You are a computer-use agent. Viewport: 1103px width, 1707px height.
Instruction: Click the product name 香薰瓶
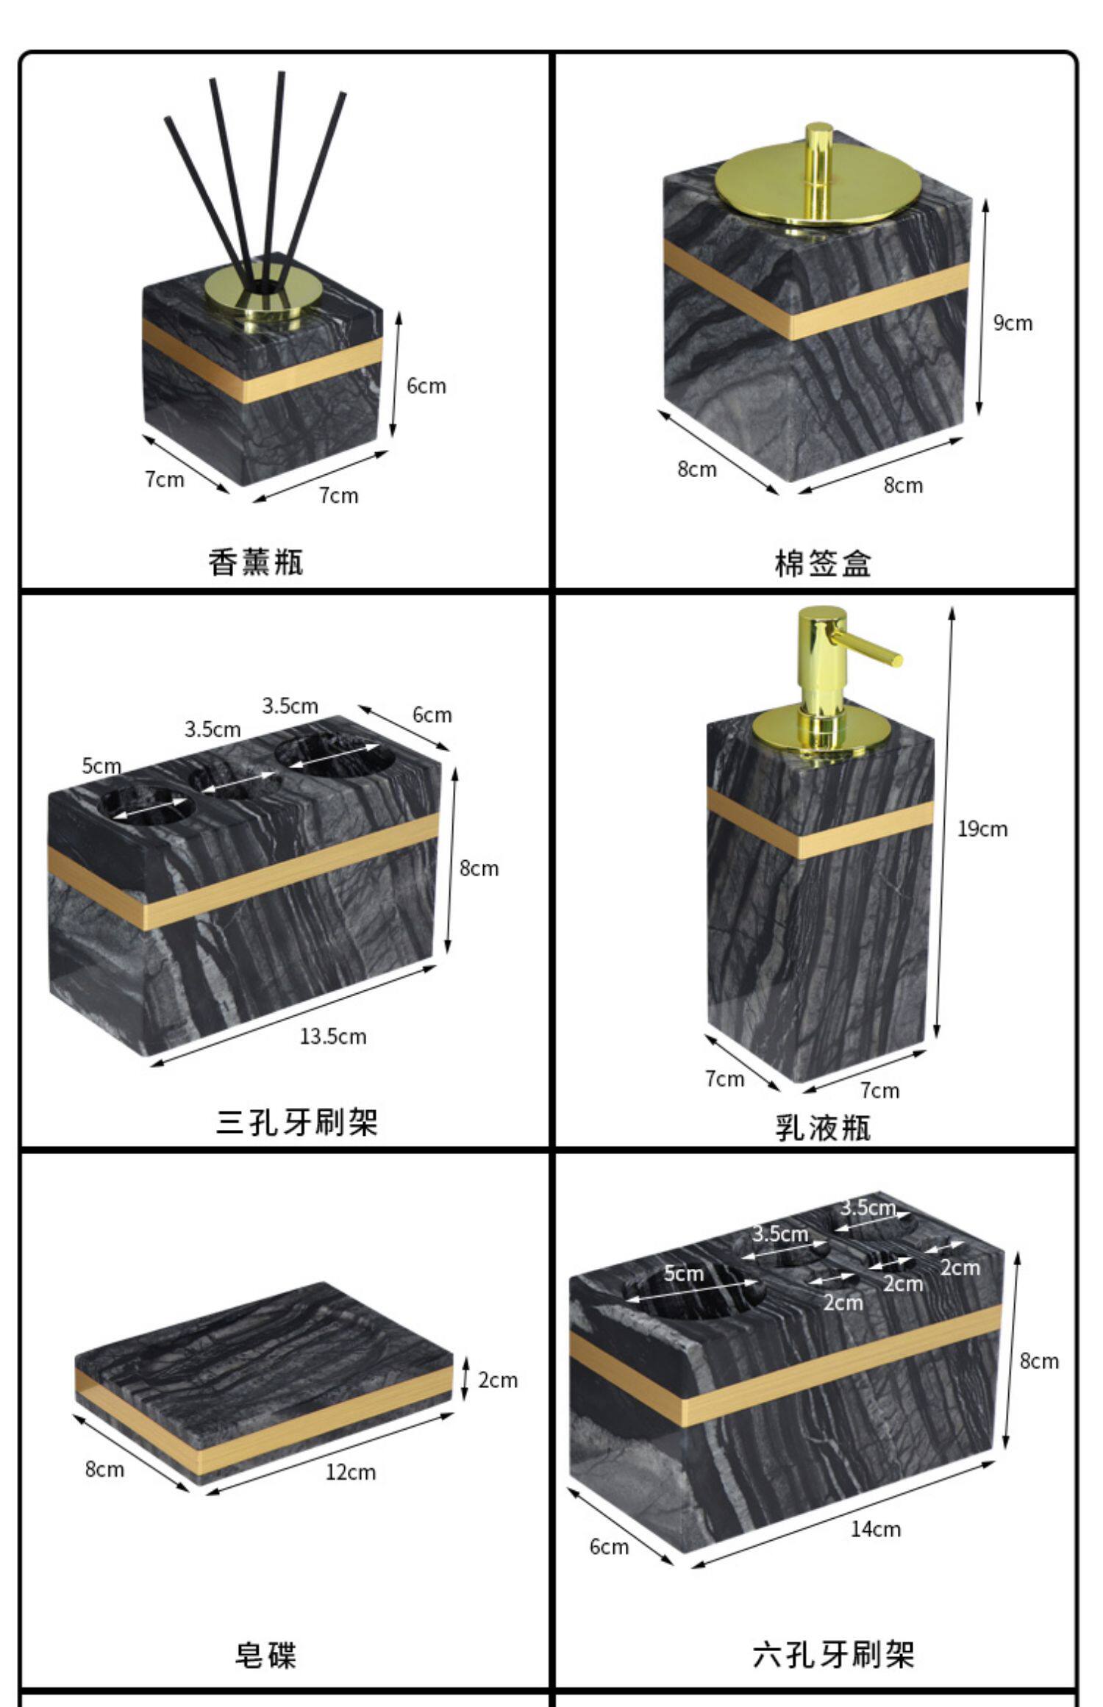pos(255,562)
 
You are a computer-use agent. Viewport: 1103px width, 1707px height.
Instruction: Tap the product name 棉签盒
pos(822,564)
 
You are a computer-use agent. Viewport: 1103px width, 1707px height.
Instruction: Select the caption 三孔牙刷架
pos(296,1123)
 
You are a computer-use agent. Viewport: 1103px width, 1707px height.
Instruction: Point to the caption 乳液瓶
pos(822,1127)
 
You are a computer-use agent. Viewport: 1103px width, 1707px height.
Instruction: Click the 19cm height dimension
pos(982,829)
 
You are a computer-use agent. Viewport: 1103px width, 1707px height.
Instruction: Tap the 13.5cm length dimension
pos(332,1037)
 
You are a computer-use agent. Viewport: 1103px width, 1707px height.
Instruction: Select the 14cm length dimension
pos(875,1529)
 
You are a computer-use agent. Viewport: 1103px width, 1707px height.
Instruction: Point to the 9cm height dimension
pos(1013,323)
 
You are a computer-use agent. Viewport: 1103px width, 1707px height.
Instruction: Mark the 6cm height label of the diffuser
pos(426,386)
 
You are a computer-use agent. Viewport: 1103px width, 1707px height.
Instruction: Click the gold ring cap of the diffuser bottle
pos(254,294)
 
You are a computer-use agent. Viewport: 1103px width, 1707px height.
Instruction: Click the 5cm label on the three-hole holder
pos(101,766)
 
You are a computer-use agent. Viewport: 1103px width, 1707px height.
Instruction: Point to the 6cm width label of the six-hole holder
pos(609,1547)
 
